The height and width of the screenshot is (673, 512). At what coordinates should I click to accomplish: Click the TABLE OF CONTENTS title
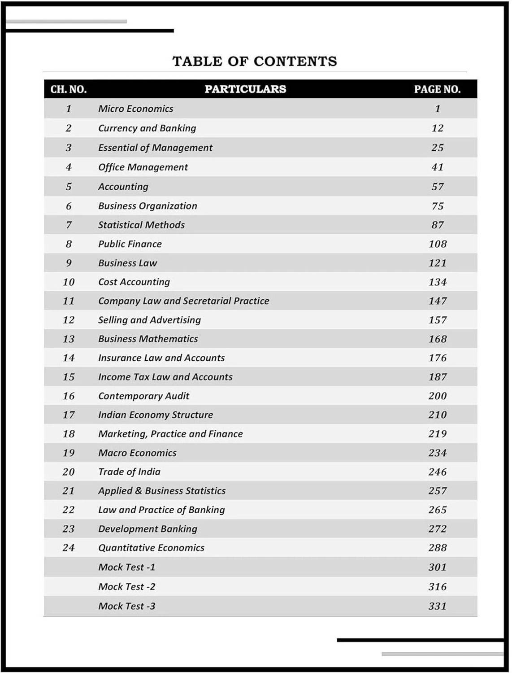tap(255, 61)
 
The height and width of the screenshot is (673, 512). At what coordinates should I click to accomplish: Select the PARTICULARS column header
tap(245, 89)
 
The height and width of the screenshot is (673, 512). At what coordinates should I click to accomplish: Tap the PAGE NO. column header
tap(437, 89)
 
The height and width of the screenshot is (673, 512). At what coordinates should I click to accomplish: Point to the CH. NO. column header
tap(69, 89)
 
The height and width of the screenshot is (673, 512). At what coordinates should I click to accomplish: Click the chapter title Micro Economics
tap(135, 109)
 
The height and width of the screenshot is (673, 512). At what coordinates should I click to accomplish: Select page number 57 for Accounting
tap(438, 187)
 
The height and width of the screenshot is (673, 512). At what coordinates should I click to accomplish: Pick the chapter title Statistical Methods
tap(141, 225)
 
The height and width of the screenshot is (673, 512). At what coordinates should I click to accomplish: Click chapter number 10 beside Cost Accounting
tap(69, 282)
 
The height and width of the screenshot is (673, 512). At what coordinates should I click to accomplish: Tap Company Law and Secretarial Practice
tap(183, 301)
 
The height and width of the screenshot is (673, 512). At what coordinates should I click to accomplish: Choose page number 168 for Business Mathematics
tap(438, 339)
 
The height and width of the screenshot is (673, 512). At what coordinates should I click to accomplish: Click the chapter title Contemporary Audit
tap(143, 396)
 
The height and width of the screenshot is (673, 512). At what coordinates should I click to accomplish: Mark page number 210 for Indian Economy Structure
tap(438, 415)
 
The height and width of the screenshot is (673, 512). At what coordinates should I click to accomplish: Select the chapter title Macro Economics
tap(137, 453)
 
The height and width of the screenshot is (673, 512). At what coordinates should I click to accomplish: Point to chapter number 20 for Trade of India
tap(69, 472)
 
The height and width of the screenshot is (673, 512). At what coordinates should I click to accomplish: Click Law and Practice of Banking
tap(161, 510)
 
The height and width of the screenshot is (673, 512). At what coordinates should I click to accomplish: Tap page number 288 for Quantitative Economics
tap(438, 548)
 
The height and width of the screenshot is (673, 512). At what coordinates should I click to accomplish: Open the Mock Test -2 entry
tap(126, 587)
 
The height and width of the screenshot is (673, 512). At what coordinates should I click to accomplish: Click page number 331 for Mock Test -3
tap(438, 606)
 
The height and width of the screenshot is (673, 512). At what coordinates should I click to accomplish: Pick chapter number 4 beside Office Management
tap(69, 167)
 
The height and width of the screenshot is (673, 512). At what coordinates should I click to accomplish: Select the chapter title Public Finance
tap(130, 244)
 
